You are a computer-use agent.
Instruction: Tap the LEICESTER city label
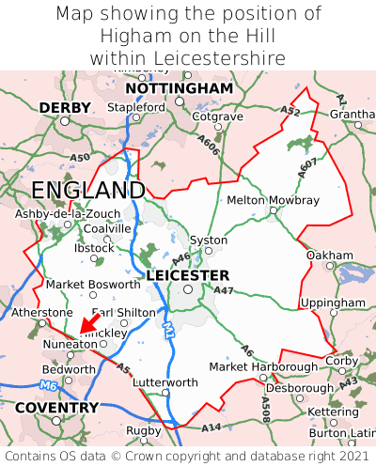188,275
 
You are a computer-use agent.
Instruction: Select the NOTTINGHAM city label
179,88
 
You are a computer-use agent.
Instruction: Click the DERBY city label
65,108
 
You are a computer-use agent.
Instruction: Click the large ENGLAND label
87,191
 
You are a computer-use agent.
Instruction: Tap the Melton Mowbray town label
273,200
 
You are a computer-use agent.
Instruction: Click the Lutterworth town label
165,382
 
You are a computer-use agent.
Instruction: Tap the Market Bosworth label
93,284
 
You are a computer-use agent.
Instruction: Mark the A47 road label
224,291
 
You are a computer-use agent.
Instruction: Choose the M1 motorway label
168,330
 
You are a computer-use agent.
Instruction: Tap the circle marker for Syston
208,251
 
